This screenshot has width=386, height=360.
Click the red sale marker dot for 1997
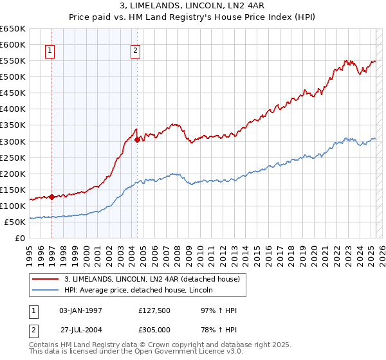click(x=51, y=197)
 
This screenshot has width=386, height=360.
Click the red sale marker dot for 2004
click(x=137, y=139)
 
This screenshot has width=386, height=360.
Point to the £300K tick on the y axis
click(x=14, y=141)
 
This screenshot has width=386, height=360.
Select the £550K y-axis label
click(x=14, y=61)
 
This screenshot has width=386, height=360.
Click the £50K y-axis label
click(x=16, y=222)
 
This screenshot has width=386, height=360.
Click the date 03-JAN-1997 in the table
click(x=80, y=310)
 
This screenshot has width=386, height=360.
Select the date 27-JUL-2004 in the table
click(x=80, y=330)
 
